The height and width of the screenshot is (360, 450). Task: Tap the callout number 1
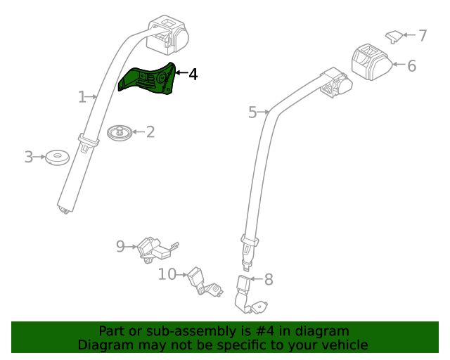click(82, 96)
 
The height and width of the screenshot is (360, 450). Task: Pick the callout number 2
click(150, 131)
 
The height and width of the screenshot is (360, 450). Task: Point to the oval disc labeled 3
click(56, 157)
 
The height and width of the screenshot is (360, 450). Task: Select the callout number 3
click(29, 157)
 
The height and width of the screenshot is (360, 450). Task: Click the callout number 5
click(253, 111)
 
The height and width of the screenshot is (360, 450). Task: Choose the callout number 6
click(411, 66)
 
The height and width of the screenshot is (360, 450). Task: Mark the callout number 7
click(423, 35)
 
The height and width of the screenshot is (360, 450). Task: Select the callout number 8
click(268, 280)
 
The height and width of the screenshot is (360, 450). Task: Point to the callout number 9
click(120, 246)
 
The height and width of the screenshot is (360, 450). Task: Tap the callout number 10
click(167, 274)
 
